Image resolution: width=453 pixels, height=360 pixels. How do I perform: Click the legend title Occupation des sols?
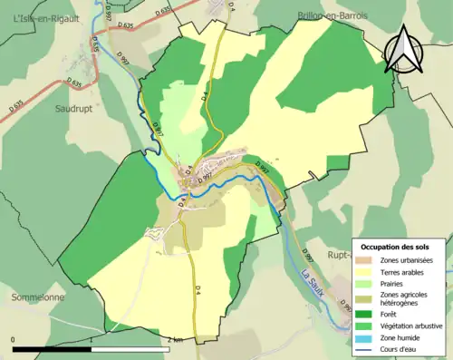tap(395, 247)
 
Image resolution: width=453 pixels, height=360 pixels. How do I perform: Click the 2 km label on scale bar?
tap(175, 340)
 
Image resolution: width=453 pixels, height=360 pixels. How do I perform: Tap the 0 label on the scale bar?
tap(14, 340)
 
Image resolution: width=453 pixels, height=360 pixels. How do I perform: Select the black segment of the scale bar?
tap(53, 349)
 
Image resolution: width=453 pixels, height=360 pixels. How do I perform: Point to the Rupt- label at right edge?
tap(341, 255)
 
